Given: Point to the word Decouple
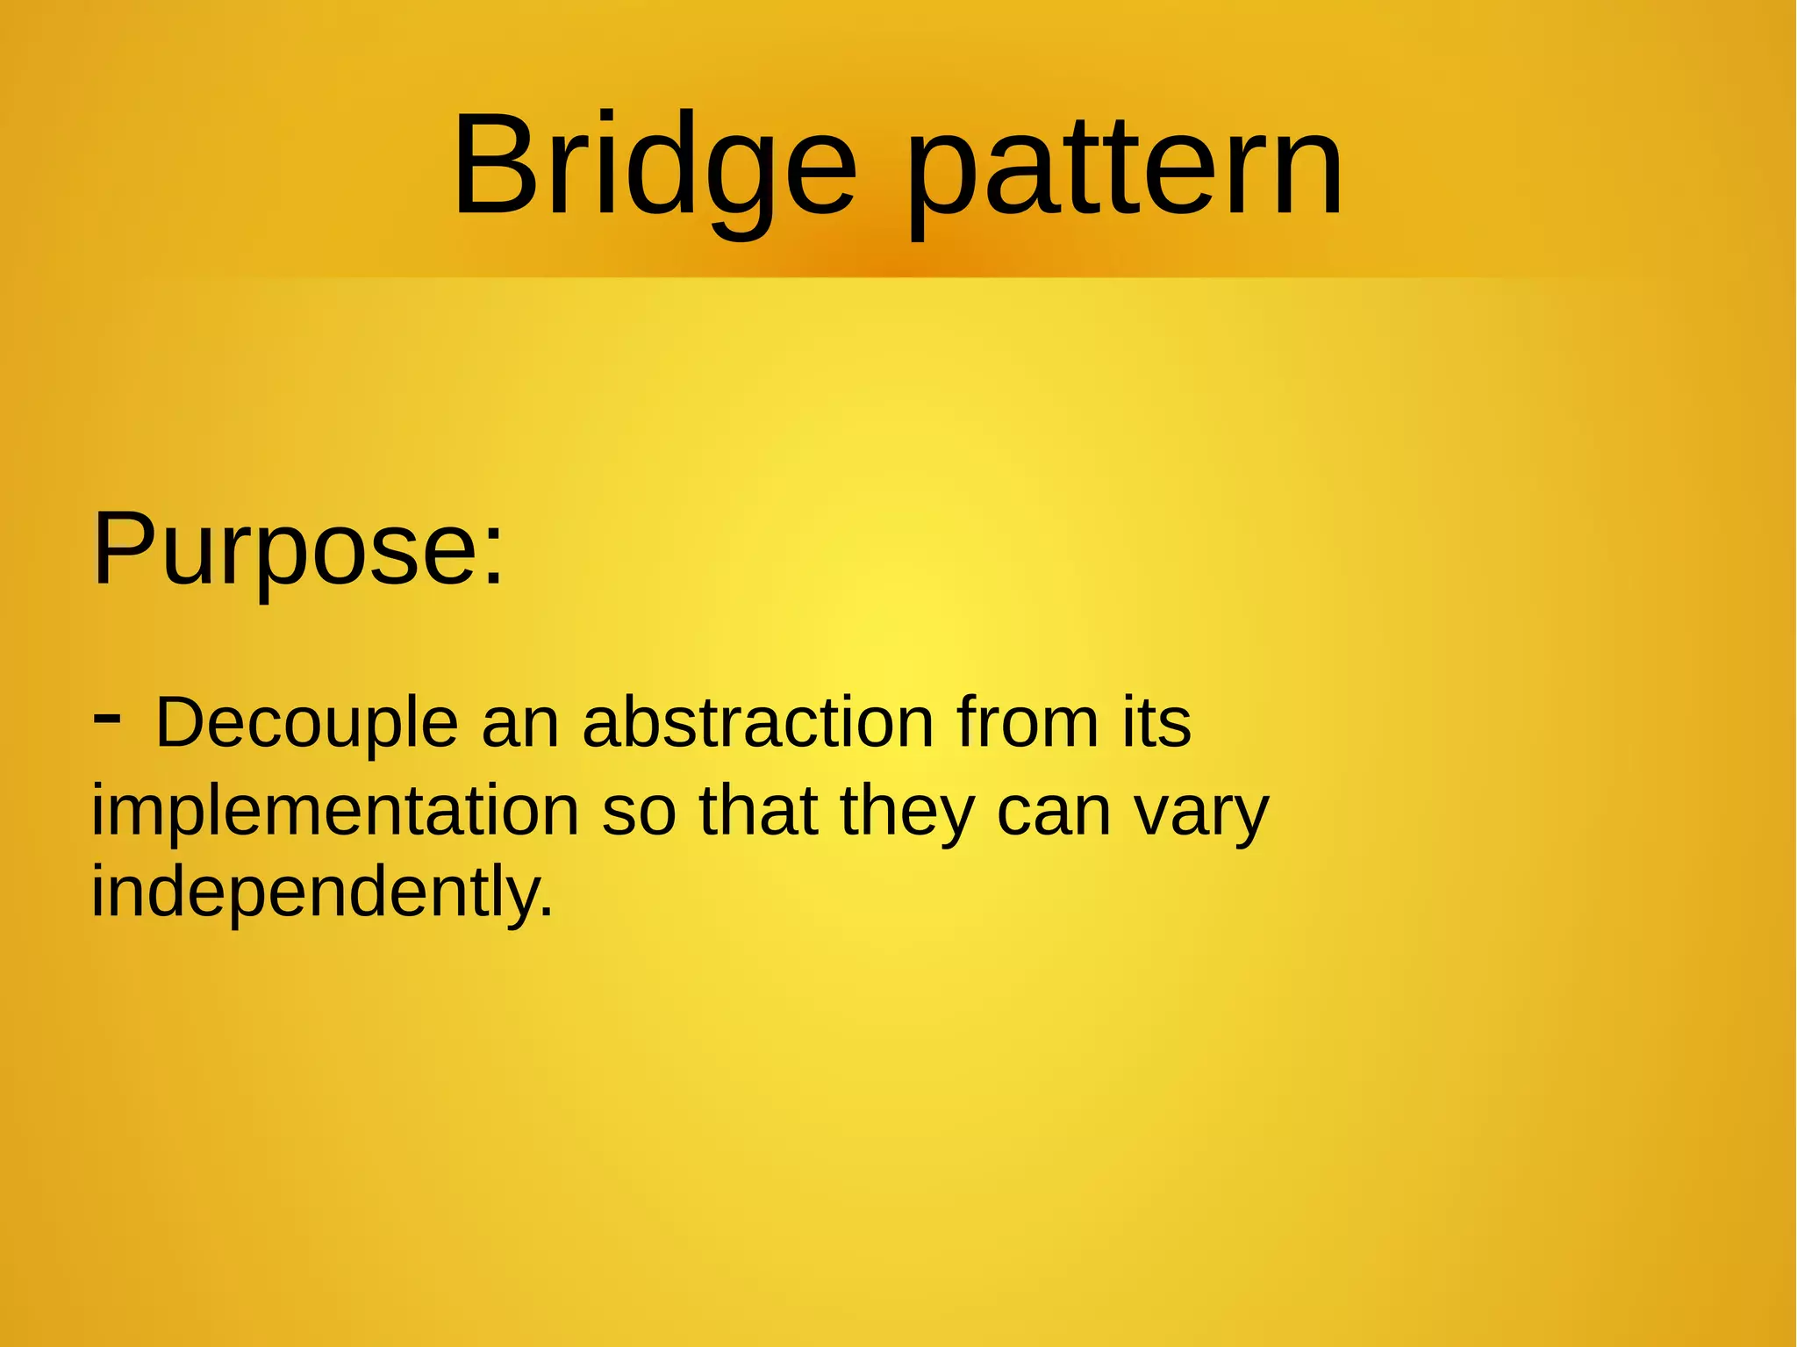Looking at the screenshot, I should [x=306, y=724].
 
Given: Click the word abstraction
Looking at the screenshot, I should [x=758, y=724].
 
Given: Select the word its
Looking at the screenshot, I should [x=1156, y=724].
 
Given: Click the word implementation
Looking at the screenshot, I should [x=334, y=812].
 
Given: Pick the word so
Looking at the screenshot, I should [x=639, y=812].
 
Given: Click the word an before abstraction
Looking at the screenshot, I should [x=520, y=724].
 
